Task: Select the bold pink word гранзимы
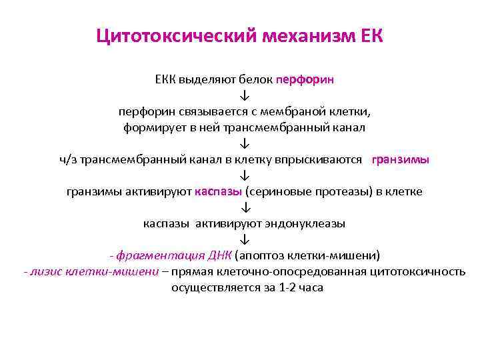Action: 400,159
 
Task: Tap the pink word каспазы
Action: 219,191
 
